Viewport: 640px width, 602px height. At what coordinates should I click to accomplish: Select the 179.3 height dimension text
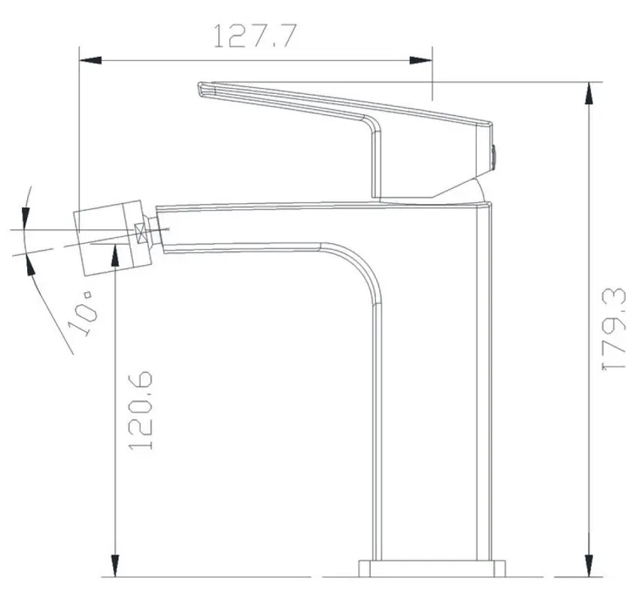(x=614, y=328)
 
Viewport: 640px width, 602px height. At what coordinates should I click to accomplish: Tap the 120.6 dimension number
(x=141, y=409)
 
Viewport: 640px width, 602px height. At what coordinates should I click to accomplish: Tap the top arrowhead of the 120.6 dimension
(x=114, y=257)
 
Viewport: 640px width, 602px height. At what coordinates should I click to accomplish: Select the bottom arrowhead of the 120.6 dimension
(x=114, y=566)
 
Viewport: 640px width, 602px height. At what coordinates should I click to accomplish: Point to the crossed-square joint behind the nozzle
(x=141, y=233)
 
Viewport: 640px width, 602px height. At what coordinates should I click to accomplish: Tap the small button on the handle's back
(x=494, y=154)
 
